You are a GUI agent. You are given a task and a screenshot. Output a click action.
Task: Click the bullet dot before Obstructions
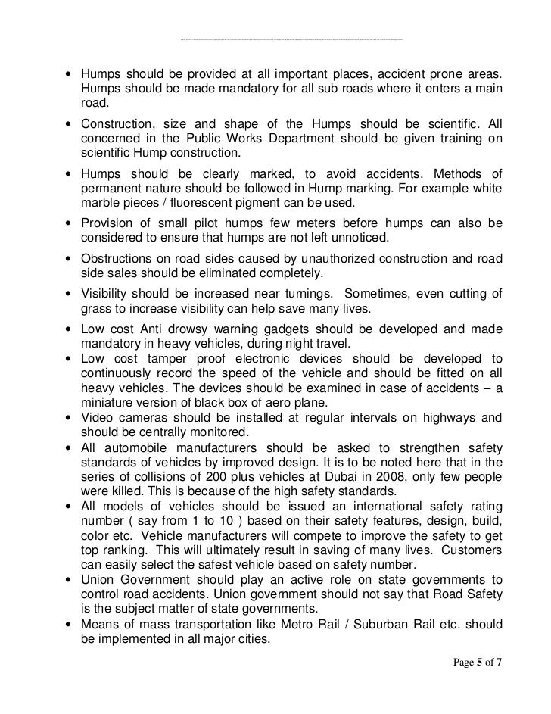pyautogui.click(x=70, y=260)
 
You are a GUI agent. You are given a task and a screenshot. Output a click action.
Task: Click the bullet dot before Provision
pyautogui.click(x=70, y=225)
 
